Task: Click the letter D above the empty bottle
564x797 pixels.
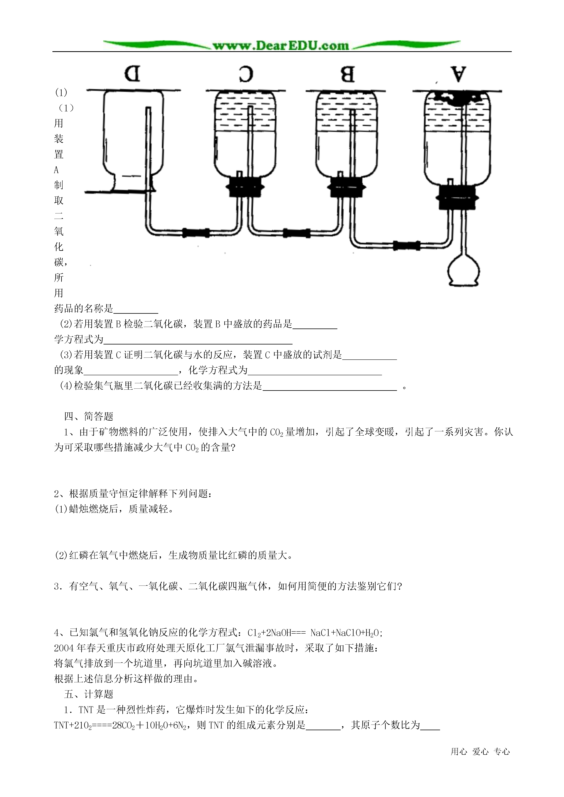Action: (x=132, y=74)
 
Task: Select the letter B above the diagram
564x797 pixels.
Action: (x=347, y=74)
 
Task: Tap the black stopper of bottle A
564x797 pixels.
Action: (x=457, y=197)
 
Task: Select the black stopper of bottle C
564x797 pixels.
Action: (x=245, y=188)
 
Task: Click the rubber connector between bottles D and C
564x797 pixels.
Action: (x=196, y=232)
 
